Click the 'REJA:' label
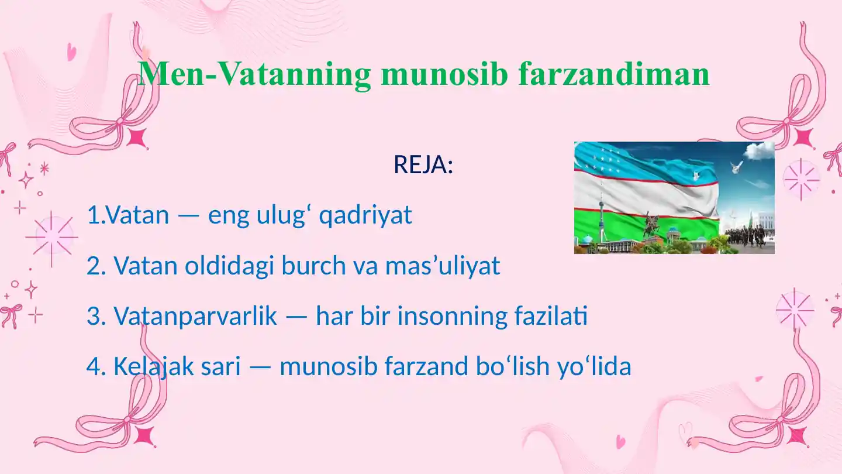point(423,166)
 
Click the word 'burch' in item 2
point(315,266)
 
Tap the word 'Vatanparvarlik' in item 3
point(195,317)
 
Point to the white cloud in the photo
point(758,152)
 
